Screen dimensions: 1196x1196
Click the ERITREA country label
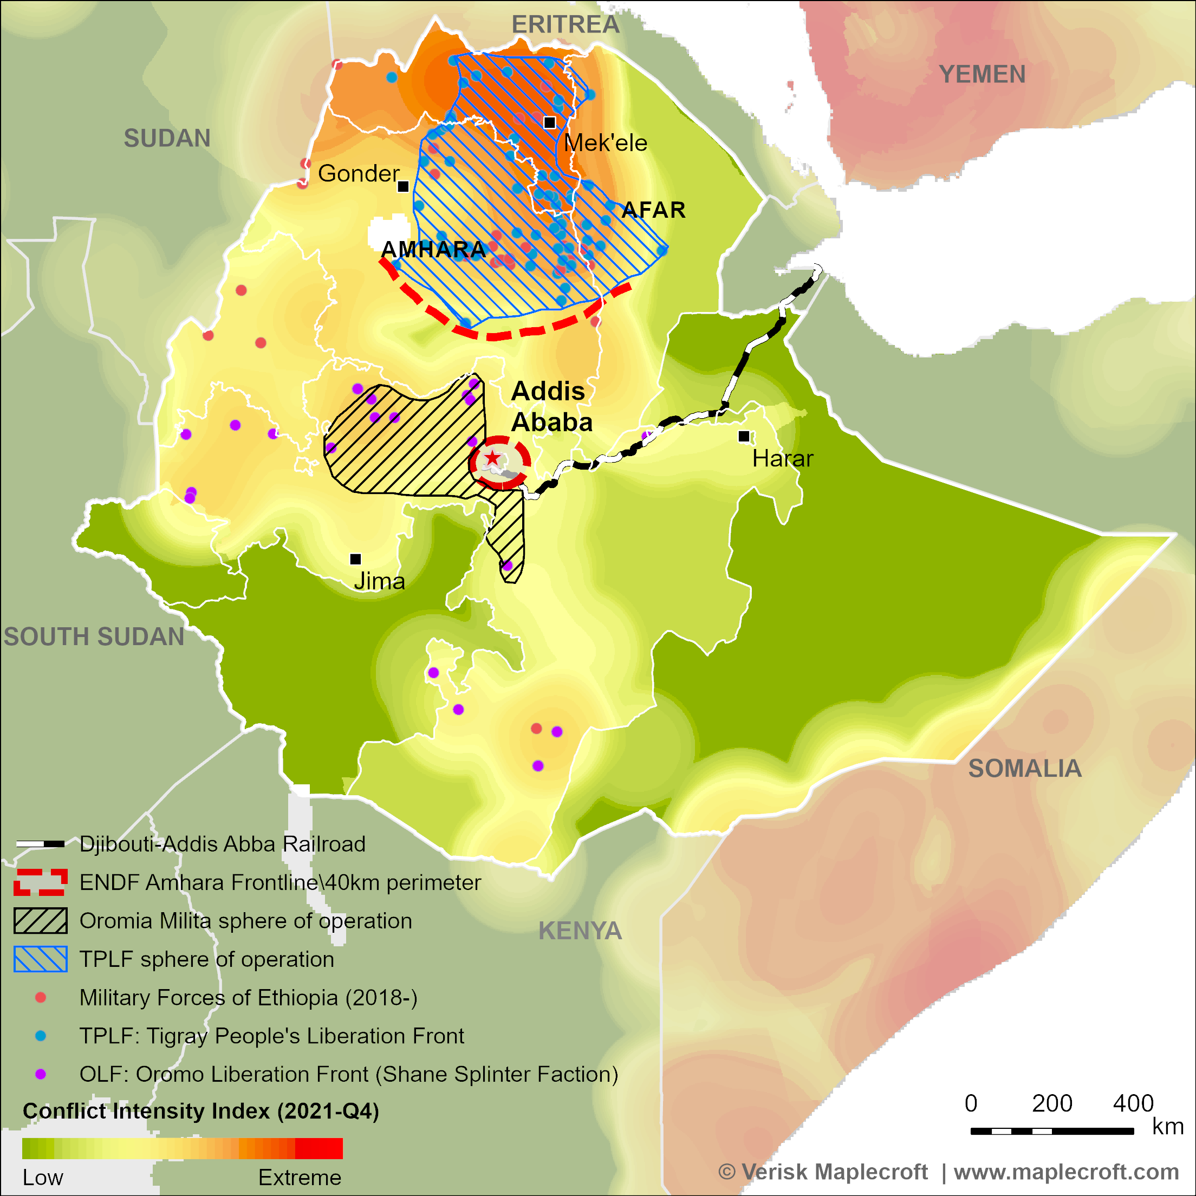(x=565, y=25)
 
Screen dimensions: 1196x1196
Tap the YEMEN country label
(x=983, y=74)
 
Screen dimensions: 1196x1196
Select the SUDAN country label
(x=167, y=138)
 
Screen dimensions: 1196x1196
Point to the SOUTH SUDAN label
(x=94, y=637)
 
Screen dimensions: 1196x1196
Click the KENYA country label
(x=580, y=931)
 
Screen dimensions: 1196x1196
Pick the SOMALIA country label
(x=1024, y=768)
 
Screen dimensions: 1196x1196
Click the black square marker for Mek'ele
(x=550, y=122)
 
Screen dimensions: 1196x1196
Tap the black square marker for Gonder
(x=403, y=186)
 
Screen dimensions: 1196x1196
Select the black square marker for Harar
(x=744, y=437)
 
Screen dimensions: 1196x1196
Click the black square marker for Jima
(x=355, y=559)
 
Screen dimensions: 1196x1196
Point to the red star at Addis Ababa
(x=492, y=458)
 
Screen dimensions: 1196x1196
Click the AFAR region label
(x=653, y=210)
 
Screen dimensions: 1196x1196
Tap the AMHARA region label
(x=433, y=250)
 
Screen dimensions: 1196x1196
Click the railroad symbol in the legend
(x=40, y=844)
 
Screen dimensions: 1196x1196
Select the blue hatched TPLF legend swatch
(x=40, y=959)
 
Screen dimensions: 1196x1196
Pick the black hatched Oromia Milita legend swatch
(x=40, y=920)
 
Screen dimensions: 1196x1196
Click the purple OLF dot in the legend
(x=40, y=1074)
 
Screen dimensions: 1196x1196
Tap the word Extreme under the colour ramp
(x=300, y=1178)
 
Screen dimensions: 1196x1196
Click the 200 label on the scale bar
(x=1052, y=1104)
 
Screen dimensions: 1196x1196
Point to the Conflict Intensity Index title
(x=200, y=1111)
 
